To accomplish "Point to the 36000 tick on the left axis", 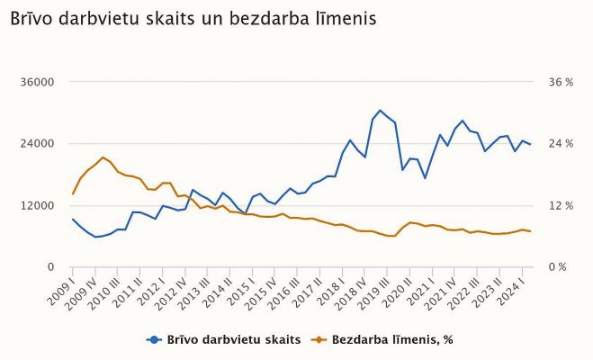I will point(38,82).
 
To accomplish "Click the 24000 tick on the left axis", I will point(38,144).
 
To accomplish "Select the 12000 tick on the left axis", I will point(38,205).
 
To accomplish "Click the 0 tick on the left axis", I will point(51,267).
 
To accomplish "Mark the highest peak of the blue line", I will point(380,111).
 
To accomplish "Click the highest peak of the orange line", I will point(103,157).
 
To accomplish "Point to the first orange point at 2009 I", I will point(73,193).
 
